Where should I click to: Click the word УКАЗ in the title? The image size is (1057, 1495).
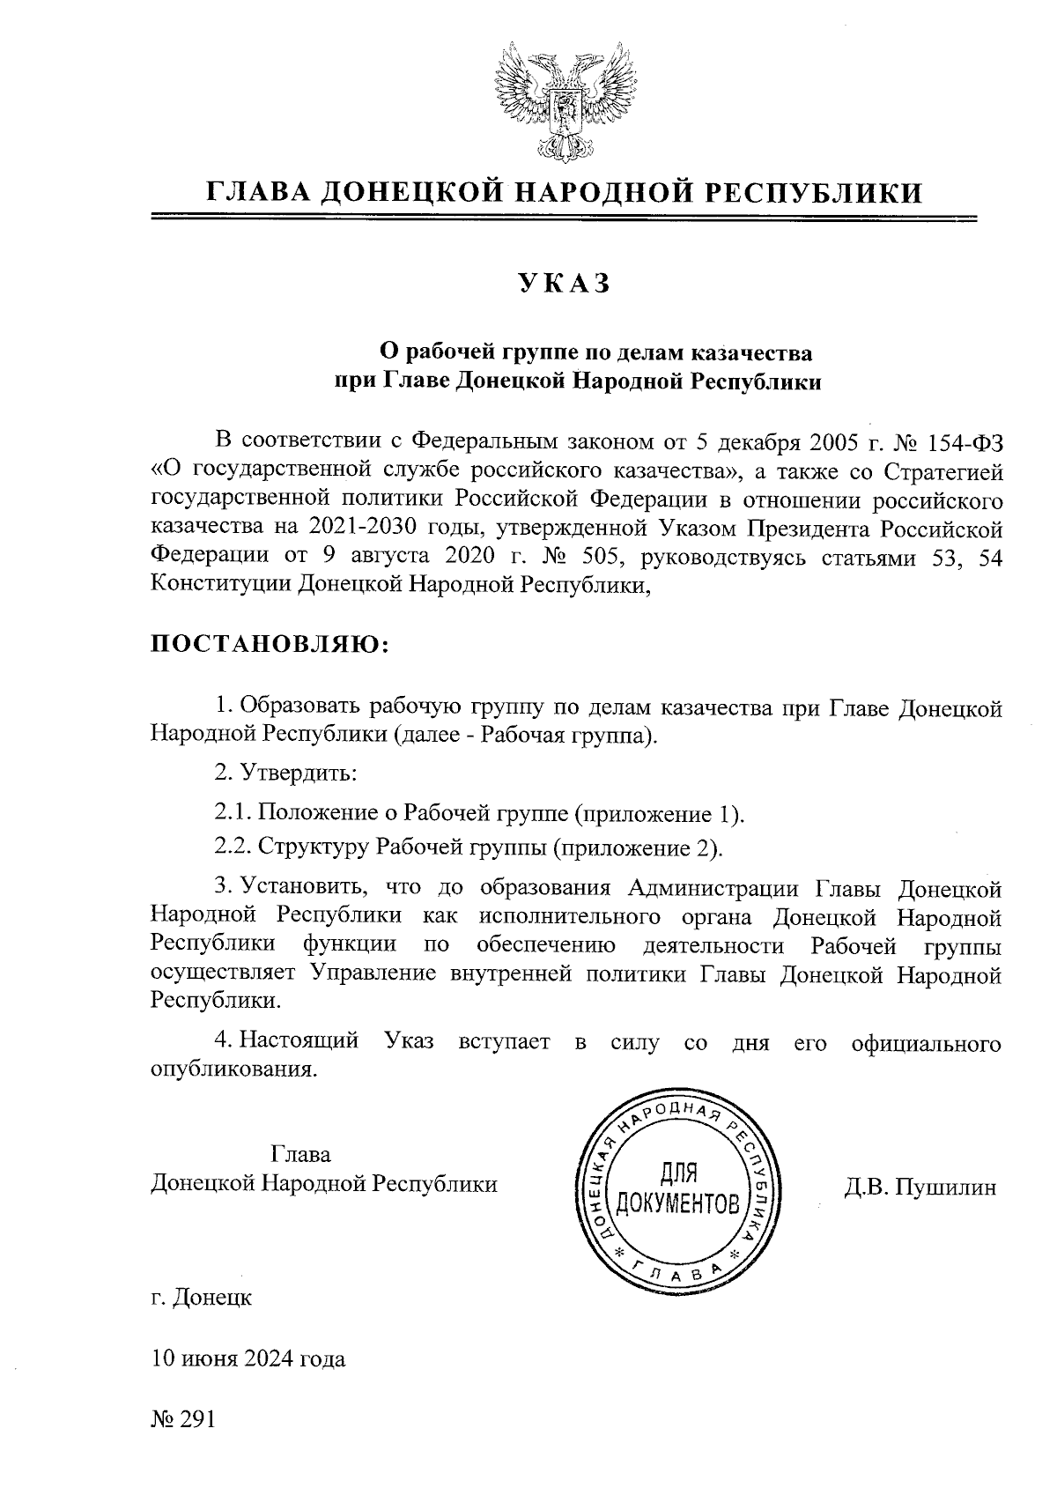click(x=564, y=284)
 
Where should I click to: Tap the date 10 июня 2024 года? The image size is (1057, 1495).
click(x=248, y=1358)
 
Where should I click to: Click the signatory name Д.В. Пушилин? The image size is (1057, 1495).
click(x=920, y=1188)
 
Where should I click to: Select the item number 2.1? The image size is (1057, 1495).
click(x=233, y=812)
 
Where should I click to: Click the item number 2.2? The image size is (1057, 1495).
click(x=233, y=847)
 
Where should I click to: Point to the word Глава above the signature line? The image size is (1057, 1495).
click(x=301, y=1154)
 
